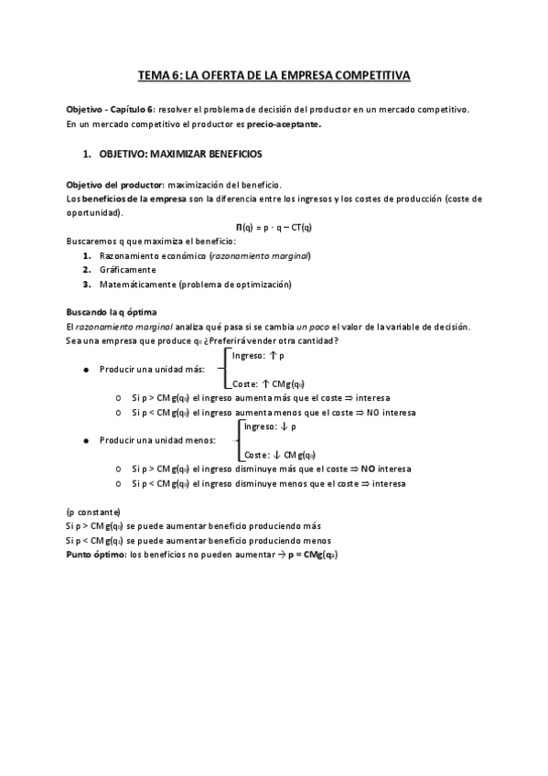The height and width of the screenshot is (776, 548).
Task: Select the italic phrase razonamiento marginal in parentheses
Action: click(260, 255)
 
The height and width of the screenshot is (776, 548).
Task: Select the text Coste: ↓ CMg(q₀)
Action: click(280, 455)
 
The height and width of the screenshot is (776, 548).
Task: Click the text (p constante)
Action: click(93, 512)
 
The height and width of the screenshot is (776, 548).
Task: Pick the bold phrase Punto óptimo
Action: click(96, 554)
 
